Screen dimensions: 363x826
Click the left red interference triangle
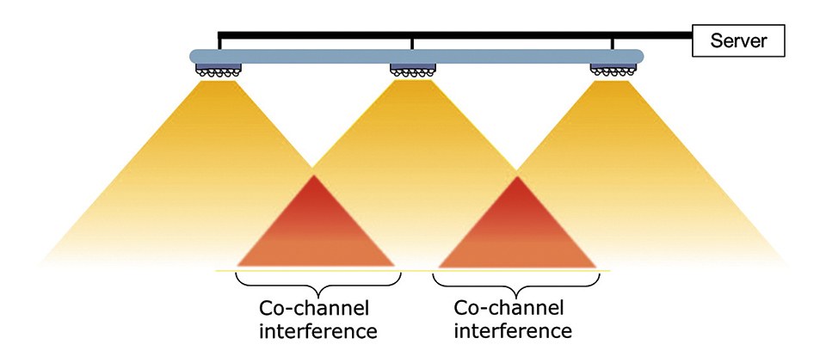tap(315, 232)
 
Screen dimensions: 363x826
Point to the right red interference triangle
tap(517, 232)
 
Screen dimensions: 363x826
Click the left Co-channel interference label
tap(317, 318)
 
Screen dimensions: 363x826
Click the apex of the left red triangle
tap(315, 177)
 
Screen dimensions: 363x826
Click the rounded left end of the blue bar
tap(194, 56)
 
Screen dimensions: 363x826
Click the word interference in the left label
tap(317, 330)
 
